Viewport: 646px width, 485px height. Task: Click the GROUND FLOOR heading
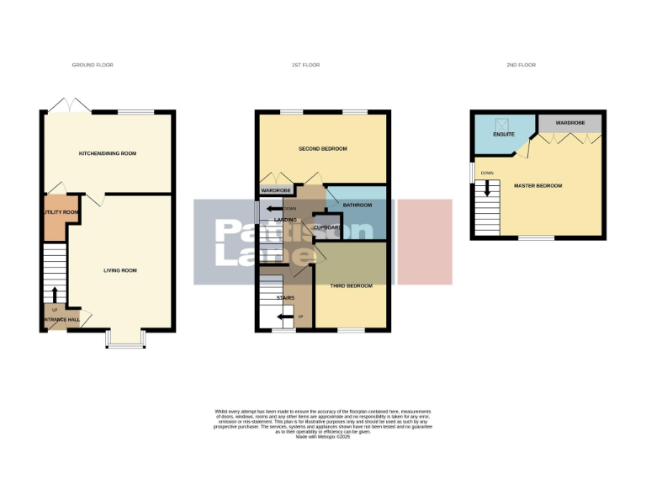(x=93, y=65)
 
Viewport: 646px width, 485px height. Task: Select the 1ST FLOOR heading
(x=304, y=65)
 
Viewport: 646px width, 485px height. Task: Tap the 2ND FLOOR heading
(x=522, y=65)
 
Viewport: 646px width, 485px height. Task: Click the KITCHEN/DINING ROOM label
(x=108, y=153)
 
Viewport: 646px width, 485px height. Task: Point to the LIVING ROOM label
(x=120, y=270)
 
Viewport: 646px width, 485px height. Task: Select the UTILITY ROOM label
(x=60, y=212)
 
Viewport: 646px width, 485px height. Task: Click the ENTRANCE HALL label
(x=61, y=320)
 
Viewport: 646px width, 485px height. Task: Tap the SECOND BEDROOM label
(x=323, y=149)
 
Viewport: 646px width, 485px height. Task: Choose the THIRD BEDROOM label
(x=352, y=286)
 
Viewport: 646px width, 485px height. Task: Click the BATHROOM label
(x=345, y=205)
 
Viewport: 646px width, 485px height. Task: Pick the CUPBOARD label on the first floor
(x=327, y=227)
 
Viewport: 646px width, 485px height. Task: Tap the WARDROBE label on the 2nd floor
(x=569, y=123)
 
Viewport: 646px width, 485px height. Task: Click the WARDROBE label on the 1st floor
(x=275, y=191)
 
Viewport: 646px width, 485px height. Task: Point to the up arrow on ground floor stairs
(x=56, y=294)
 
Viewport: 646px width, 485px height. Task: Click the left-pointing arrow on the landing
(x=272, y=209)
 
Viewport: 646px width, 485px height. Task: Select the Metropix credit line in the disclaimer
(x=323, y=436)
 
